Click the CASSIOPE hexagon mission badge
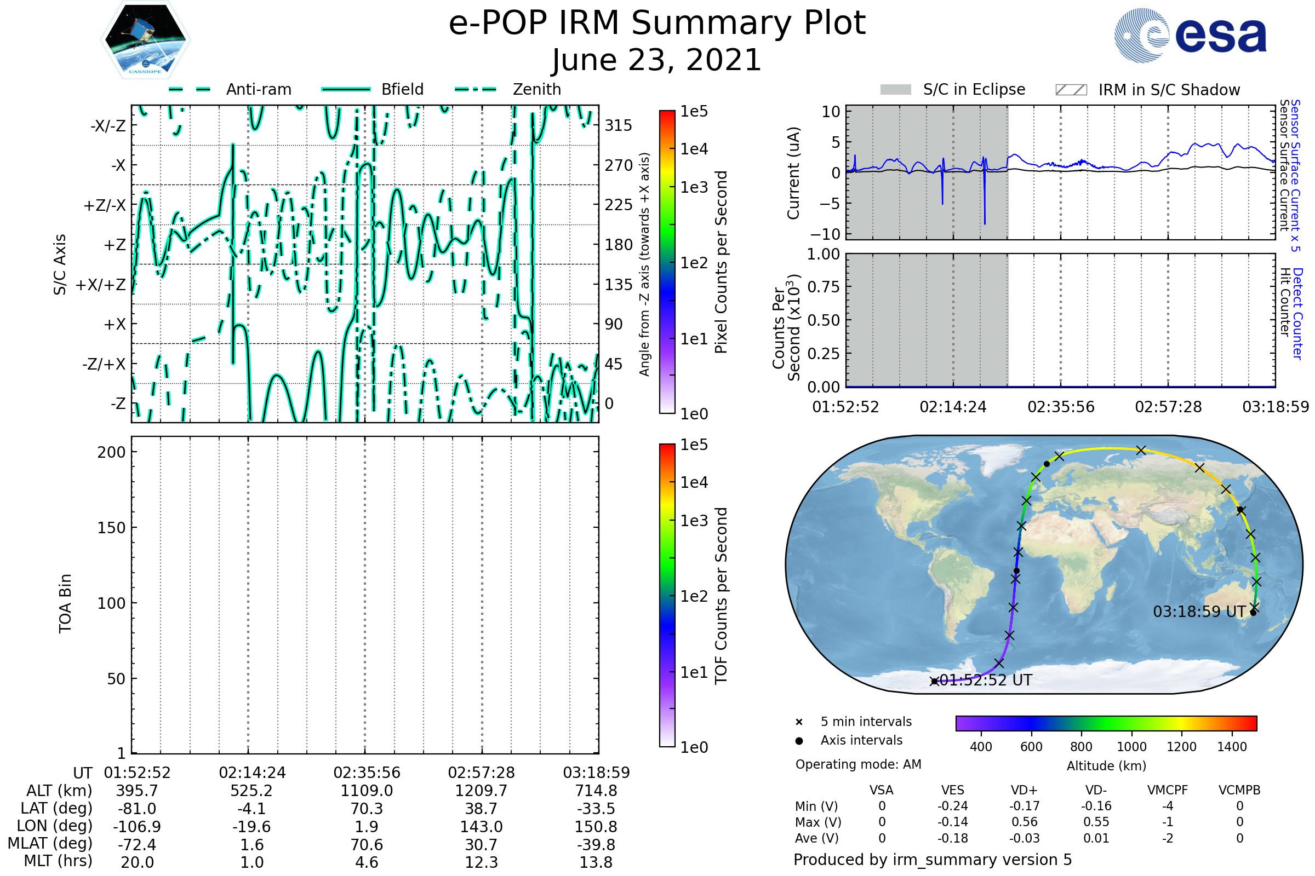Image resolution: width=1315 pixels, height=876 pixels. click(x=145, y=39)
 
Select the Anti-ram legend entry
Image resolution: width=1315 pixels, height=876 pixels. click(x=230, y=89)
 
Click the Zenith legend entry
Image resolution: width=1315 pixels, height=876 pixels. click(x=508, y=89)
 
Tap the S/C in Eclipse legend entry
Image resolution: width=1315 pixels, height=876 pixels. click(x=953, y=90)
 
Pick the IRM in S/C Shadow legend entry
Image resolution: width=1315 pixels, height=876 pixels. click(x=1147, y=90)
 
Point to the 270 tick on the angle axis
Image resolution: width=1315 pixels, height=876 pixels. click(x=619, y=165)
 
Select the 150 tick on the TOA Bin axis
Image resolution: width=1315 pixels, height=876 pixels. click(x=111, y=528)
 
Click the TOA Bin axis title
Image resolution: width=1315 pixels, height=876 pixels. click(x=65, y=603)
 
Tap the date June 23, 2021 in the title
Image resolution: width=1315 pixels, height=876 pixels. click(x=657, y=60)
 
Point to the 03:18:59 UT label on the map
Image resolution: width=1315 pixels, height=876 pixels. click(x=1199, y=612)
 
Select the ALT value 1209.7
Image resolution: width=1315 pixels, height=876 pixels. click(x=482, y=791)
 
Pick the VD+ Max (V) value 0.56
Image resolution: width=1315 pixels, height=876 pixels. click(x=1024, y=822)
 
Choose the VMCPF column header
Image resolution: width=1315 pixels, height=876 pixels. click(x=1168, y=791)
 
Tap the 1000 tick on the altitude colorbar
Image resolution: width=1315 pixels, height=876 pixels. click(x=1131, y=747)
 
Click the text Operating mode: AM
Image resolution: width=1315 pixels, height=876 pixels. click(x=858, y=764)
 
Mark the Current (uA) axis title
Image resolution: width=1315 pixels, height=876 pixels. click(x=793, y=173)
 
